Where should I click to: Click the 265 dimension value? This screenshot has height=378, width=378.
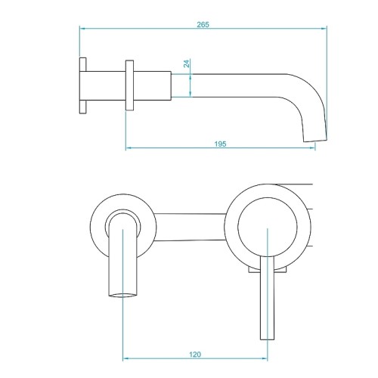click(x=203, y=24)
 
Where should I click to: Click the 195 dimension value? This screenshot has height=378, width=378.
click(x=220, y=144)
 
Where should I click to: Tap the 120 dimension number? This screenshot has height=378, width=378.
click(x=195, y=355)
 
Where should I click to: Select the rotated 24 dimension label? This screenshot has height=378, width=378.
click(x=187, y=64)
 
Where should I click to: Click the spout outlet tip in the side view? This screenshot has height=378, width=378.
click(x=315, y=140)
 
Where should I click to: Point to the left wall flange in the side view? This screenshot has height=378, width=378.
click(x=82, y=85)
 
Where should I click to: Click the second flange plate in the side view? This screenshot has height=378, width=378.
click(x=129, y=85)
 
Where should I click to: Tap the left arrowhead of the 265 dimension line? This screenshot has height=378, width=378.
click(x=82, y=29)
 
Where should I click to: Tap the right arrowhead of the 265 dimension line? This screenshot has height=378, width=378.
click(x=324, y=29)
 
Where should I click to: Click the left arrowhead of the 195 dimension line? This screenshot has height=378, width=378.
click(x=129, y=147)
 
